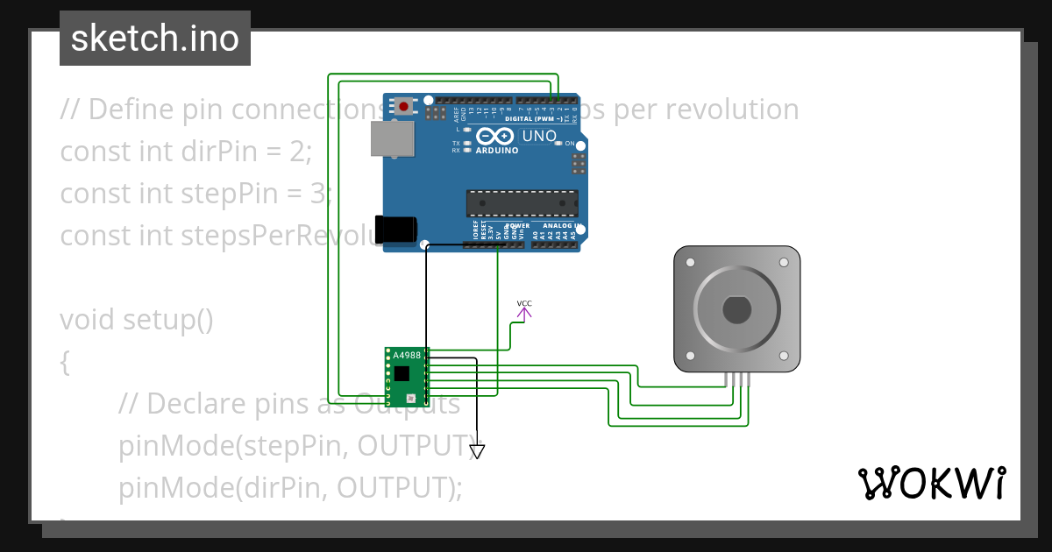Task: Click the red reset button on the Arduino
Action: [403, 106]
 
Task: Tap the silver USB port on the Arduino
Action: [391, 139]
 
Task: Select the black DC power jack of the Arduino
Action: [394, 229]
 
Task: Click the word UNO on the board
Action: [539, 137]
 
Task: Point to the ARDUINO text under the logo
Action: [496, 150]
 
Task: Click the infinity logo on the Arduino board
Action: [496, 137]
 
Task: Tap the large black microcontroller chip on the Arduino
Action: [522, 202]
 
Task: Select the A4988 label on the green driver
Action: [407, 355]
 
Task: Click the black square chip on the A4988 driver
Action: [402, 373]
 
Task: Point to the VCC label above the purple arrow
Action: [524, 304]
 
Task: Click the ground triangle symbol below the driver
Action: [477, 451]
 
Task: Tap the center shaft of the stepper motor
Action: [736, 309]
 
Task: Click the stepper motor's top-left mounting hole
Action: [691, 263]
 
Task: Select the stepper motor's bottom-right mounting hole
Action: [783, 356]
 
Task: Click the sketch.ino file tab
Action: [155, 39]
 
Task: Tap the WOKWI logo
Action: [932, 483]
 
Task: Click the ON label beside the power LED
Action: [570, 144]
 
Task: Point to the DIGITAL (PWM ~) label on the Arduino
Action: [534, 118]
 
